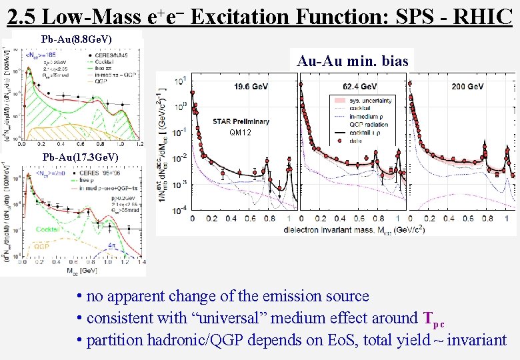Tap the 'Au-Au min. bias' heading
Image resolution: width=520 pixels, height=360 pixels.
point(353,61)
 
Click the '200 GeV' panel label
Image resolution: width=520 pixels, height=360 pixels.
point(467,87)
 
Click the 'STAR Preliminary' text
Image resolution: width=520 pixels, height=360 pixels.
point(241,121)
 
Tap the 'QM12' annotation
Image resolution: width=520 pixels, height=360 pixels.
point(241,133)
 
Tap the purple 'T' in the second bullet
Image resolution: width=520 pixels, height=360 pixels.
point(429,317)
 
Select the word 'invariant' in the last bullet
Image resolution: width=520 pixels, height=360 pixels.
point(477,340)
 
